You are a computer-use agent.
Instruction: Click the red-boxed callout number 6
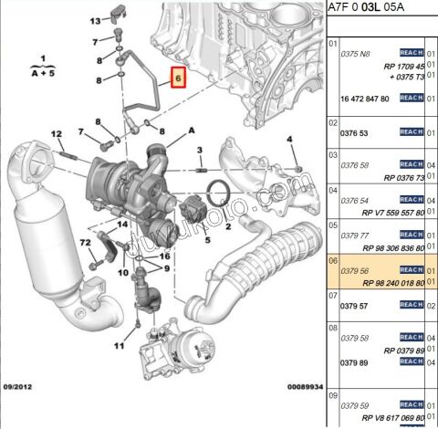pyautogui.click(x=179, y=80)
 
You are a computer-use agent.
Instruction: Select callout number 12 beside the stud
pyautogui.click(x=56, y=135)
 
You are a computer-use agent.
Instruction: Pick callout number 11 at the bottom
pyautogui.click(x=118, y=347)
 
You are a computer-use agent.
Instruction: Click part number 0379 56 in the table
pyautogui.click(x=355, y=270)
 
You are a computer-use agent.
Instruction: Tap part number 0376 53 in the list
pyautogui.click(x=355, y=133)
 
